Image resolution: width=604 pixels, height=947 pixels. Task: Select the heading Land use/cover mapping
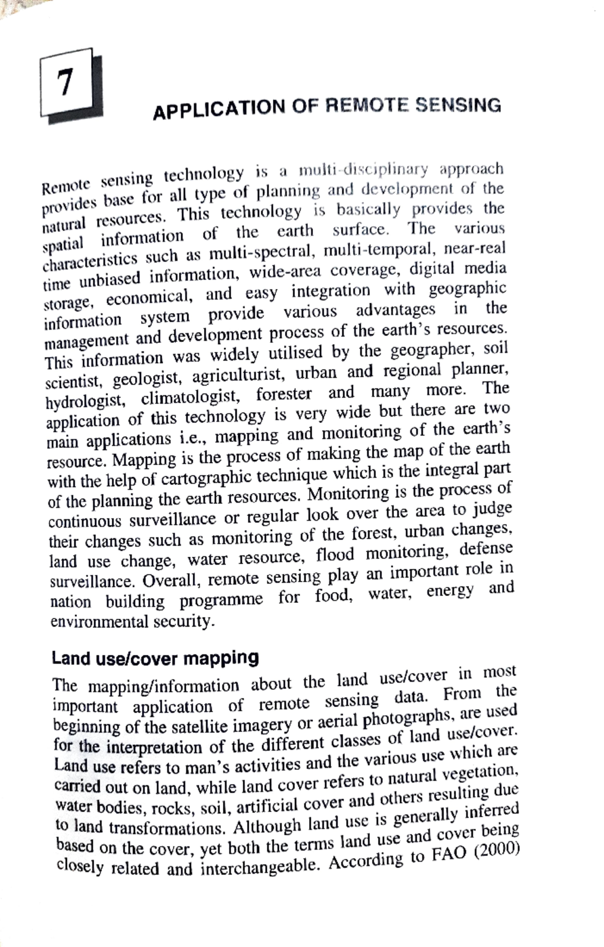click(156, 658)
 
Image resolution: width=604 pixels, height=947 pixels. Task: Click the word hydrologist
click(84, 400)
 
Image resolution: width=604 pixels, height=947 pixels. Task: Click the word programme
click(221, 599)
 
